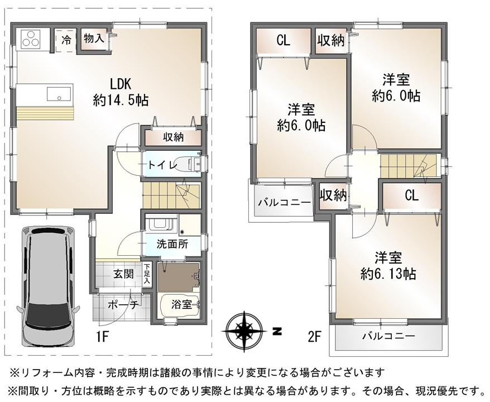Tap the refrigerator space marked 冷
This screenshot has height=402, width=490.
point(66,41)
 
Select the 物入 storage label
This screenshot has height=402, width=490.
point(93,38)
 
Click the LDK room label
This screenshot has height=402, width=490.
point(121,84)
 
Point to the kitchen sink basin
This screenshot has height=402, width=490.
point(59,94)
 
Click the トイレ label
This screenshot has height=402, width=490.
point(162,164)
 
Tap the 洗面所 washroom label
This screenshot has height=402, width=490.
point(172,244)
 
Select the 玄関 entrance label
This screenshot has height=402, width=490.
point(123,274)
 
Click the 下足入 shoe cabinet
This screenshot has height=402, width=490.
point(147,274)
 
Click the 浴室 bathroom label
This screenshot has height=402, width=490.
point(181,304)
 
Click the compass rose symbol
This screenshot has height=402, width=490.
point(244,331)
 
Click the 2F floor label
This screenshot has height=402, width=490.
point(315,337)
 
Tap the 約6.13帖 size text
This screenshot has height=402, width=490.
point(388,274)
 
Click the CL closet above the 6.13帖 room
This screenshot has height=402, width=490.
point(411,195)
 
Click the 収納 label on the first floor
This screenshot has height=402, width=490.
point(173,137)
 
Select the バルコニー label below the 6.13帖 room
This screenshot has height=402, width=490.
point(389,336)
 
